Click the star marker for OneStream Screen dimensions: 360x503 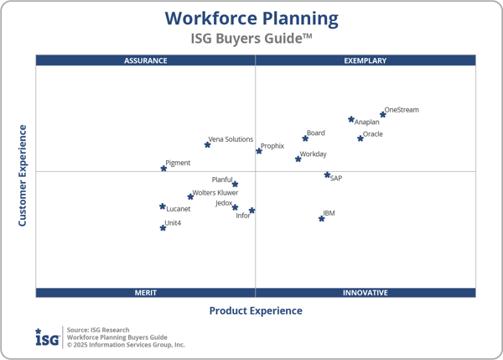pyautogui.click(x=383, y=114)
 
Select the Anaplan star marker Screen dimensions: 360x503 pyautogui.click(x=351, y=119)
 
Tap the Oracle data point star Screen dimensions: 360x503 pyautogui.click(x=360, y=138)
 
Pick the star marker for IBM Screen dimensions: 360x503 pyautogui.click(x=321, y=218)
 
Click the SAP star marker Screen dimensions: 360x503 pyautogui.click(x=328, y=175)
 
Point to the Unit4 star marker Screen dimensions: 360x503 pyautogui.click(x=163, y=227)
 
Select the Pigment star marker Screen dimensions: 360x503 pyautogui.click(x=163, y=168)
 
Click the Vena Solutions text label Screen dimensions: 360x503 pyautogui.click(x=231, y=139)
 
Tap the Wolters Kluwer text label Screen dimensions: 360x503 pyautogui.click(x=215, y=193)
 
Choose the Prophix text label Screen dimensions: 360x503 pyautogui.click(x=272, y=146)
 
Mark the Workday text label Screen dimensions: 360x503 pyautogui.click(x=314, y=154)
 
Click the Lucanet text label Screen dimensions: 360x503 pyautogui.click(x=179, y=209)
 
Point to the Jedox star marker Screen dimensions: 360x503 pyautogui.click(x=235, y=207)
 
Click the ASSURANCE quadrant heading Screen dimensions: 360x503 pyautogui.click(x=146, y=60)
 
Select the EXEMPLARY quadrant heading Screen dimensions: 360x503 pyautogui.click(x=366, y=60)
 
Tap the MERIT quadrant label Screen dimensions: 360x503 pyautogui.click(x=146, y=293)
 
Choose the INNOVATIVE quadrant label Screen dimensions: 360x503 pyautogui.click(x=366, y=293)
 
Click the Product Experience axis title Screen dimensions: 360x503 pyautogui.click(x=256, y=311)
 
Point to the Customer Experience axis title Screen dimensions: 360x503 pyautogui.click(x=23, y=175)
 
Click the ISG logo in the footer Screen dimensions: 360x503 pyautogui.click(x=47, y=337)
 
